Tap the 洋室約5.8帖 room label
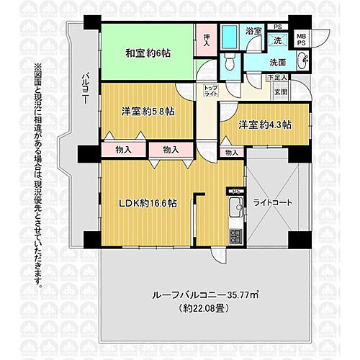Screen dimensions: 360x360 [x=147, y=112]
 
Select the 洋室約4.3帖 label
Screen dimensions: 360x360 [x=266, y=125]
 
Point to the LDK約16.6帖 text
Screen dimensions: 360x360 [x=148, y=202]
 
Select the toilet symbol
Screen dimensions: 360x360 [x=228, y=64]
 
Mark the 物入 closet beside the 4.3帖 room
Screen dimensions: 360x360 [x=232, y=153]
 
